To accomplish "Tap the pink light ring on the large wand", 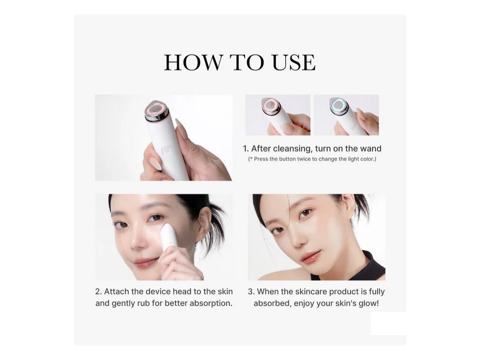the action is (x=156, y=109).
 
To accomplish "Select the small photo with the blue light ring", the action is (x=346, y=115).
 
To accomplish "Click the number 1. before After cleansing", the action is (x=246, y=149).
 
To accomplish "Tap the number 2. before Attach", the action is (x=98, y=292).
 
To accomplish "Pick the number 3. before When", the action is (x=251, y=292).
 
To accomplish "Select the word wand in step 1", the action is (x=371, y=149).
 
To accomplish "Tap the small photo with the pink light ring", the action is (x=278, y=115).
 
